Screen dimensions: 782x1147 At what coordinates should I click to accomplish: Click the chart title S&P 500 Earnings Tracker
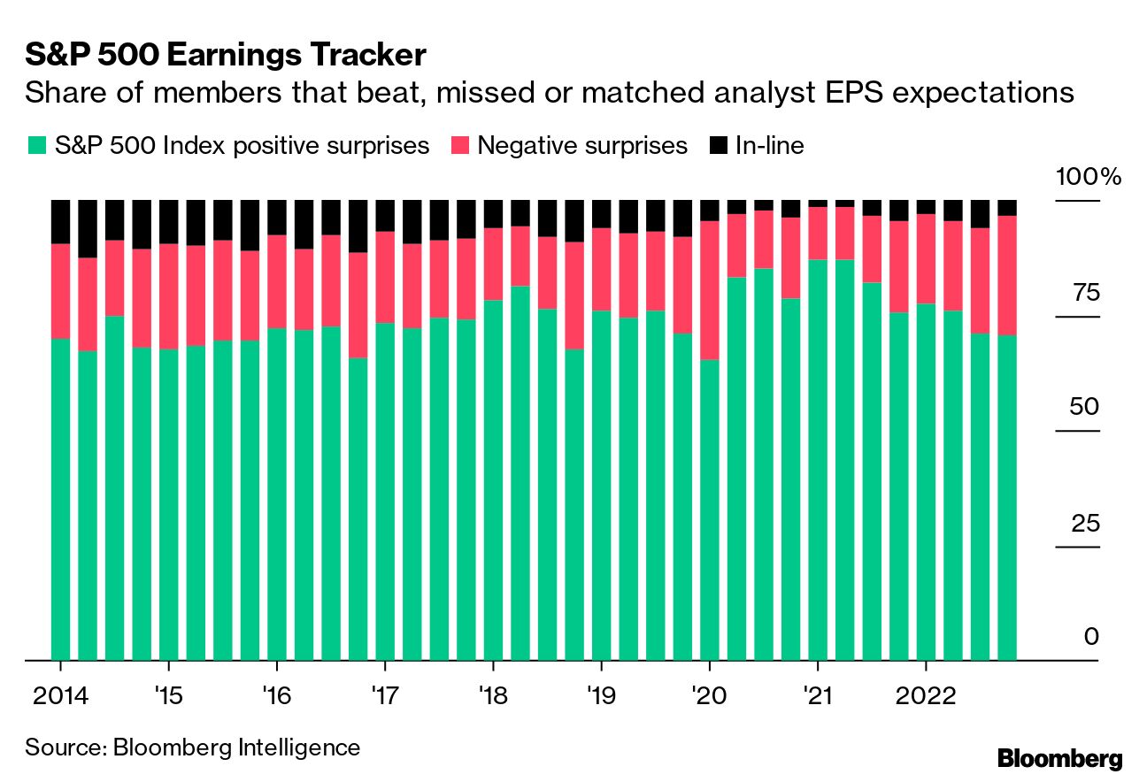click(x=226, y=56)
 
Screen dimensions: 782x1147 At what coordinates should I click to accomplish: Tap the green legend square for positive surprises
click(x=36, y=146)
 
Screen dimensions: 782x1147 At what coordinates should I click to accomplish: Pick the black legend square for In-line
click(x=720, y=146)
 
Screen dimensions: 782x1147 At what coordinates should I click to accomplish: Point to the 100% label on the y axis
click(x=1088, y=177)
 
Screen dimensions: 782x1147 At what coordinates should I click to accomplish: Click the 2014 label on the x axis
click(x=61, y=695)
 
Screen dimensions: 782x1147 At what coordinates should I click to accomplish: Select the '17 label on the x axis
click(x=384, y=695)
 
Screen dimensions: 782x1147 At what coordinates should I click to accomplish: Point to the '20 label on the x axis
click(x=709, y=695)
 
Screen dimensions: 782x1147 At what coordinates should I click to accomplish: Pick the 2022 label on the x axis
click(x=926, y=695)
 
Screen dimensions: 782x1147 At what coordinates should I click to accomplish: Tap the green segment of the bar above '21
click(x=818, y=460)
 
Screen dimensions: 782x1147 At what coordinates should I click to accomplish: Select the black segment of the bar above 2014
click(x=61, y=221)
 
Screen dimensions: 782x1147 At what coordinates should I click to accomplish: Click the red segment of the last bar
click(x=1007, y=275)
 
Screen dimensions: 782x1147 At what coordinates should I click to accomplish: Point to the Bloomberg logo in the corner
click(x=1059, y=758)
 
